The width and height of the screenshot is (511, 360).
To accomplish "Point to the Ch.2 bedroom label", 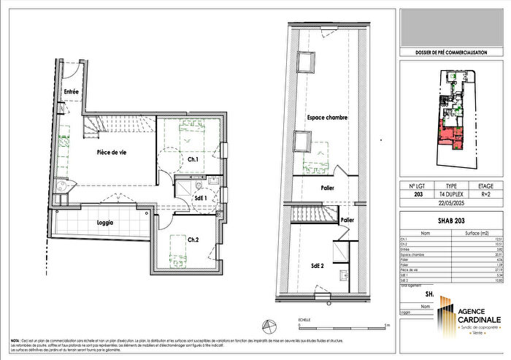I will [x=193, y=240].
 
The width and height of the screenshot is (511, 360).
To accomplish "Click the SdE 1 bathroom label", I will [x=200, y=198].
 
